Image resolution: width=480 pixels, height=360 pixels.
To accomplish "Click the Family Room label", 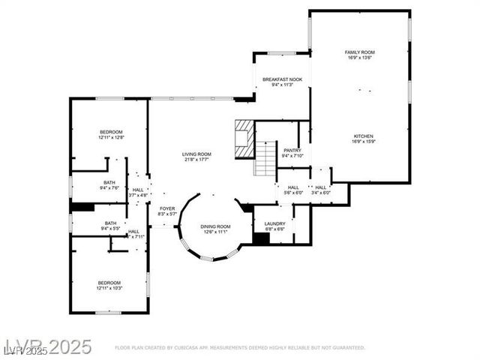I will (x=359, y=52).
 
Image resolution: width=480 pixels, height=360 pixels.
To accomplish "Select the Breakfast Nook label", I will (x=282, y=79).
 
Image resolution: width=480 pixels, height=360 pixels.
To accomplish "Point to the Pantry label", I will (x=292, y=150).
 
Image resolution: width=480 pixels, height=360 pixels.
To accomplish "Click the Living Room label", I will (x=196, y=154).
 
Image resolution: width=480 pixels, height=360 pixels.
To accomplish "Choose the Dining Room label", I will (x=215, y=226).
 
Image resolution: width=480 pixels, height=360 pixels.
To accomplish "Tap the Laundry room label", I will (x=274, y=223).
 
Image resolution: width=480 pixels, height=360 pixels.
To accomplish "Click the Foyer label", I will (x=166, y=208).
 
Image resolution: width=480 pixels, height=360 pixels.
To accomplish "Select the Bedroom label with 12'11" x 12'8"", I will (x=110, y=132).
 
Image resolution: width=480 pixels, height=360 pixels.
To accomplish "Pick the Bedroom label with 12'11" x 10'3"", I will (x=109, y=283).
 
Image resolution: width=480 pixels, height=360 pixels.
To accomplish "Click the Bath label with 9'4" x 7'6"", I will (x=110, y=182).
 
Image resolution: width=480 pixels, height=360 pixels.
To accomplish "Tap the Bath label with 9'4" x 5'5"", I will (x=110, y=222).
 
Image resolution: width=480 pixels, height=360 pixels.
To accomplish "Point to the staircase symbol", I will (x=265, y=157).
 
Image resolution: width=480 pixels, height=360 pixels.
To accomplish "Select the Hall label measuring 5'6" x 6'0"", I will (x=292, y=187).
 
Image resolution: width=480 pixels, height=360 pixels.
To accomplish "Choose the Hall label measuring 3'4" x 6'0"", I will (x=320, y=187).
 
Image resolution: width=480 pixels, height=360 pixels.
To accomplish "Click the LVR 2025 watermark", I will (x=46, y=346).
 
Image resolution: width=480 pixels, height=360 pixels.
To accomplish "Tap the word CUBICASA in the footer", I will (x=194, y=348).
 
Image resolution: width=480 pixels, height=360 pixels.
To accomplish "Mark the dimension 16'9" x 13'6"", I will (x=359, y=57).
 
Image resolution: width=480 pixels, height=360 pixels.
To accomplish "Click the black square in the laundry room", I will (x=261, y=238).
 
